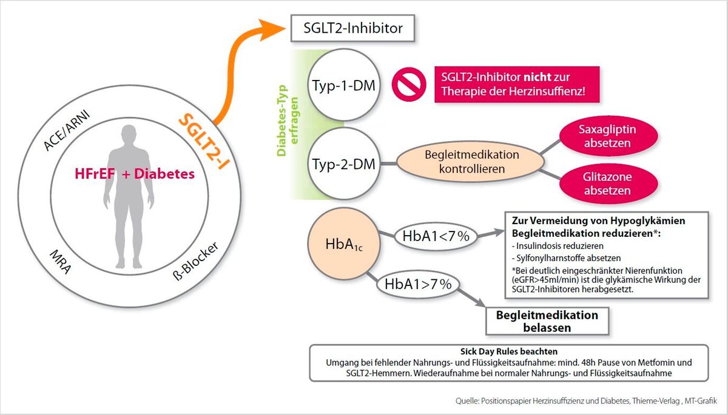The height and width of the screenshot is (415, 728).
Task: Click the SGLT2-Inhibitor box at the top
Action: pyautogui.click(x=352, y=28)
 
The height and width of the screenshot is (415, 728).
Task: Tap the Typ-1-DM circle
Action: pyautogui.click(x=344, y=85)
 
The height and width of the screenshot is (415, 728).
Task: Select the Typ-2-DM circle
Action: pyautogui.click(x=344, y=164)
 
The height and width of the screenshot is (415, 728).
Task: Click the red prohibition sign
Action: pyautogui.click(x=409, y=84)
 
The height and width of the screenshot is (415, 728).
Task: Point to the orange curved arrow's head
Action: pyautogui.click(x=272, y=29)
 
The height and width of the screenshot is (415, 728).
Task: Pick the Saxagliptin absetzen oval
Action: pyautogui.click(x=608, y=136)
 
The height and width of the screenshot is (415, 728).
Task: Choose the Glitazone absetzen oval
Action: pyautogui.click(x=608, y=184)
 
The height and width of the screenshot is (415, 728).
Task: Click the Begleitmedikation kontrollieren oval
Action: pyautogui.click(x=471, y=162)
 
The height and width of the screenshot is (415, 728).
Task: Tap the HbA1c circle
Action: pyautogui.click(x=344, y=244)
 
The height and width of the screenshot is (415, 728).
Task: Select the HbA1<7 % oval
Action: pyautogui.click(x=436, y=236)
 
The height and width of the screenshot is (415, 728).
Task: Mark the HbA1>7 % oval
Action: pyautogui.click(x=418, y=284)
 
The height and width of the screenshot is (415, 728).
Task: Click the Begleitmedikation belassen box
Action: pyautogui.click(x=547, y=321)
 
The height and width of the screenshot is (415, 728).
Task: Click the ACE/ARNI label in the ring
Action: pyautogui.click(x=66, y=130)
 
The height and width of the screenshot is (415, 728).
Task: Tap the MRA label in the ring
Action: pyautogui.click(x=60, y=262)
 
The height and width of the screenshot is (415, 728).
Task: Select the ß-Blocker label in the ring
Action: pyautogui.click(x=195, y=261)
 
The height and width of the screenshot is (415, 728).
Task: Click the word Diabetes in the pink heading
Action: pyautogui.click(x=164, y=174)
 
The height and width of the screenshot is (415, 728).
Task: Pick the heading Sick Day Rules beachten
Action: pyautogui.click(x=508, y=351)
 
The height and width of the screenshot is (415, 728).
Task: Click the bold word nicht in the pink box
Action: pyautogui.click(x=538, y=77)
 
